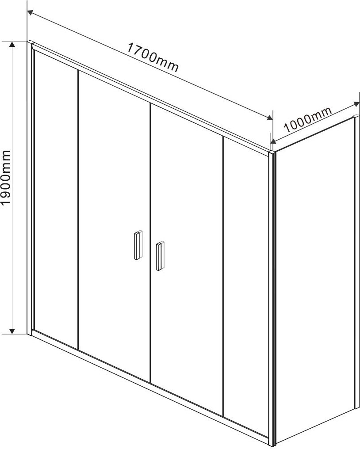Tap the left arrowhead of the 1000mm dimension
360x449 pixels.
[x=273, y=141]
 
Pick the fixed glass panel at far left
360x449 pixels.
[x=56, y=194]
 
